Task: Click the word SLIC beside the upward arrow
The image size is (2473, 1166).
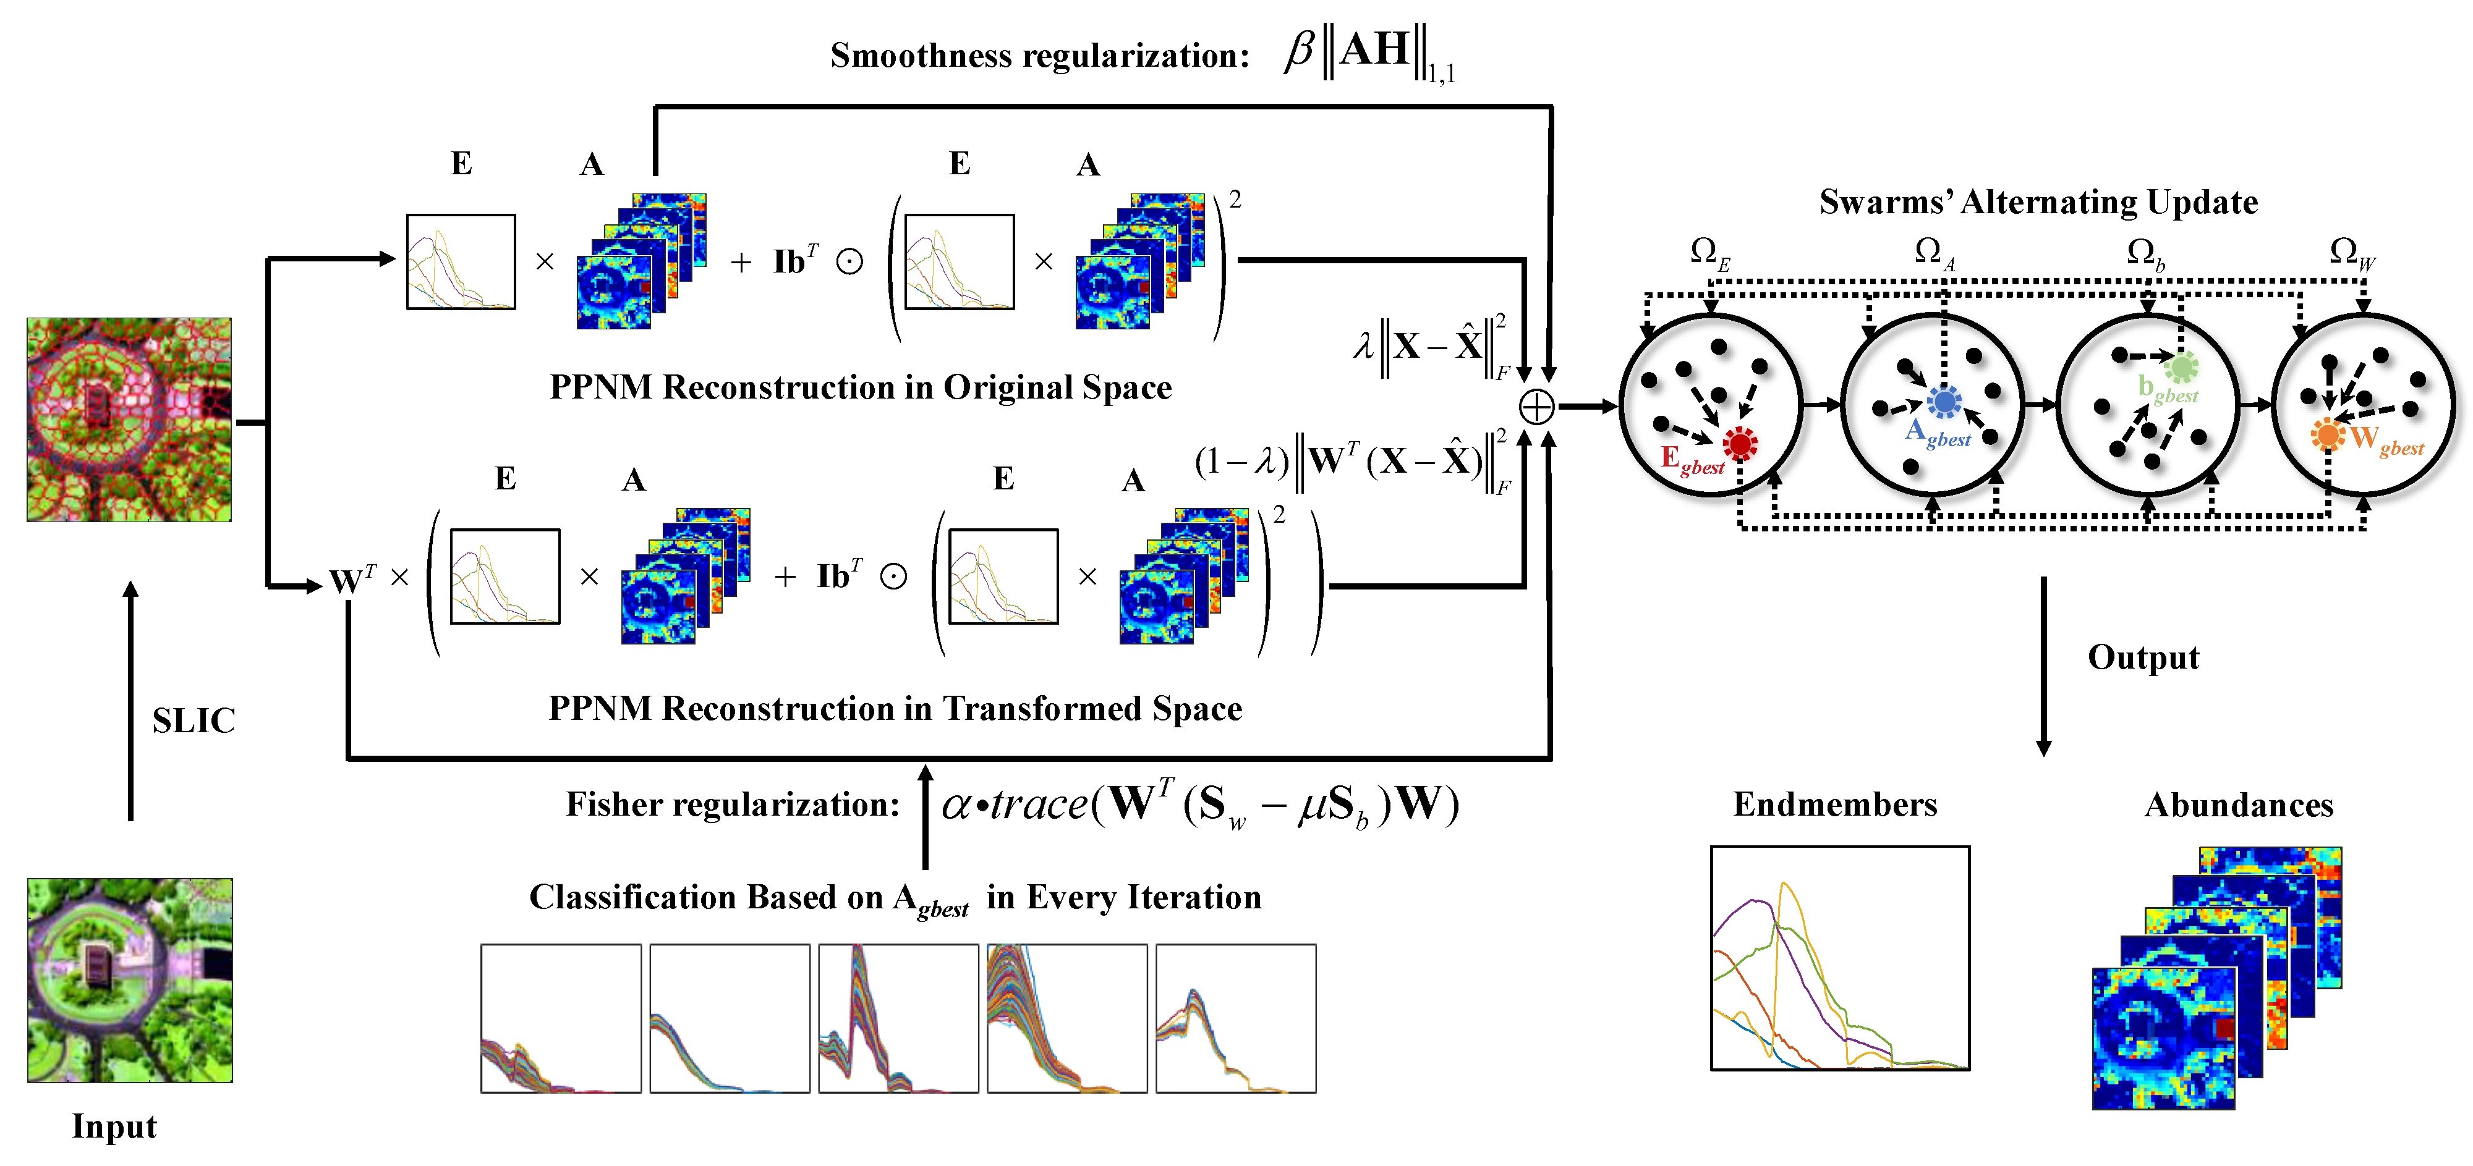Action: [x=193, y=720]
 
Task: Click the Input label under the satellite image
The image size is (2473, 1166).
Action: [x=114, y=1126]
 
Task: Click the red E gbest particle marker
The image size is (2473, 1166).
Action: [x=1740, y=444]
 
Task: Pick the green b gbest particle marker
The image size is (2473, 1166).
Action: [x=2181, y=366]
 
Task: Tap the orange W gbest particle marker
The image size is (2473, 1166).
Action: [x=2327, y=435]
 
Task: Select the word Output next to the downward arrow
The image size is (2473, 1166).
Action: [x=2143, y=657]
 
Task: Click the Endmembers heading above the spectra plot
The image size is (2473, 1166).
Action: [x=1834, y=804]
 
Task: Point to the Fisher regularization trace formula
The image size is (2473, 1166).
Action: [x=1200, y=804]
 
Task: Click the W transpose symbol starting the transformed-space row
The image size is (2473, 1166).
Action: [x=351, y=579]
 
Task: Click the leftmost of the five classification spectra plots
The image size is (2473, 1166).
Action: [x=561, y=1018]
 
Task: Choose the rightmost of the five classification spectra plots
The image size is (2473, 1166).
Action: [x=1235, y=1018]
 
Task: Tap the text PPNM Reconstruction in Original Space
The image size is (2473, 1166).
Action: [x=860, y=387]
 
